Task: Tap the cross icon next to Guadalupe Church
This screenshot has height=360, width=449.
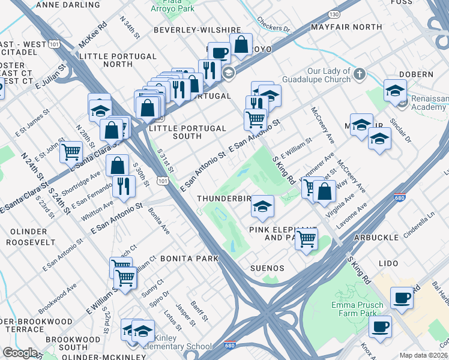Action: point(359,74)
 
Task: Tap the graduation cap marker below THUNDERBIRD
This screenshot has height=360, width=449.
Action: point(262,207)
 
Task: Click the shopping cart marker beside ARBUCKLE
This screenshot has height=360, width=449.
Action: point(307,239)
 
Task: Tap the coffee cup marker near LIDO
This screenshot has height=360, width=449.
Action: point(402,297)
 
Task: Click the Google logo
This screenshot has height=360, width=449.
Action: point(20,353)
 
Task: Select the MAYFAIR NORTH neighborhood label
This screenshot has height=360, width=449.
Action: point(347,27)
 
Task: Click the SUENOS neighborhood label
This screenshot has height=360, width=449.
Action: point(268,268)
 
